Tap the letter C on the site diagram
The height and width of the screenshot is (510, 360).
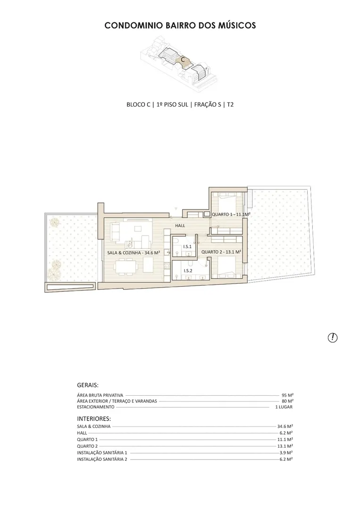point(183,59)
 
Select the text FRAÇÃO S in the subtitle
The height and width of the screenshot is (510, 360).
point(208,104)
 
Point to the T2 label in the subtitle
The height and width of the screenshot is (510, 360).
point(230,104)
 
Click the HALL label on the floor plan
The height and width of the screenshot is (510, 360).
point(180,225)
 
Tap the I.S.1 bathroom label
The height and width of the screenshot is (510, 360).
point(187,246)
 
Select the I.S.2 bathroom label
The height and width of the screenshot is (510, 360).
point(188,271)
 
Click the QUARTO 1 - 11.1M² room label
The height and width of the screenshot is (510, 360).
point(231,215)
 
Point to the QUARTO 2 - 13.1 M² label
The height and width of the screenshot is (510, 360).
point(221,252)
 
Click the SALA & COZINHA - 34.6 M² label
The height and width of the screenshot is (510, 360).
point(134,253)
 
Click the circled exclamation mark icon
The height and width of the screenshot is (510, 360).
point(333,338)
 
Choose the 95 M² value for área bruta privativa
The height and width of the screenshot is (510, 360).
point(287,395)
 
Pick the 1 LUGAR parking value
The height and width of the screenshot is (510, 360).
point(284,407)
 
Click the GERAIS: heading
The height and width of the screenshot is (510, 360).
point(88,385)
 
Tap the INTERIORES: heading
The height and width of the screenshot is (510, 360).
point(94,418)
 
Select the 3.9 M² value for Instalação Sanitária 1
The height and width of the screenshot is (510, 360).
point(286,452)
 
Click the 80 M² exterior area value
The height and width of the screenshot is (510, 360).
point(287,401)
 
